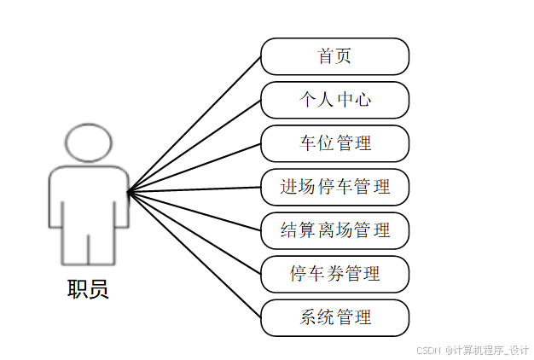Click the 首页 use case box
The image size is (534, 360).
334,56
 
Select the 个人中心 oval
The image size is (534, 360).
334,100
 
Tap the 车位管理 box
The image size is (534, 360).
334,143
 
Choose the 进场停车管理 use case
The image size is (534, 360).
334,187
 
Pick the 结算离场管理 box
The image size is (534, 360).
334,230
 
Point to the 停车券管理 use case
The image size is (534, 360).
334,274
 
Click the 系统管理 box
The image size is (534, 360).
334,317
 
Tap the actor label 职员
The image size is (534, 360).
88,289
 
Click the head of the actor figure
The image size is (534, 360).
88,142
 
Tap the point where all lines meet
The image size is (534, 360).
128,192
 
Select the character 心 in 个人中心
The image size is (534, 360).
363,100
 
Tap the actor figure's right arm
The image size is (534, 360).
122,200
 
